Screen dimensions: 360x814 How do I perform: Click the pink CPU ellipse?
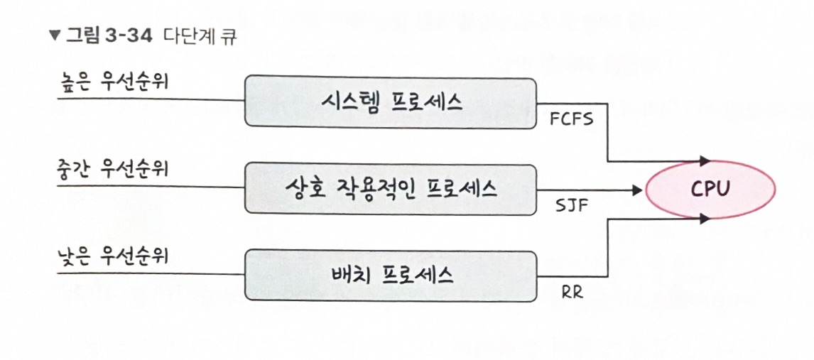tap(710, 189)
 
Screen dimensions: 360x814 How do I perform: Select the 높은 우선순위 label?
tap(114, 82)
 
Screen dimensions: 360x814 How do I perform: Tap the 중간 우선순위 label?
tap(114, 169)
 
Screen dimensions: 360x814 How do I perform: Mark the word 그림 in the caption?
tap(78, 36)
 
